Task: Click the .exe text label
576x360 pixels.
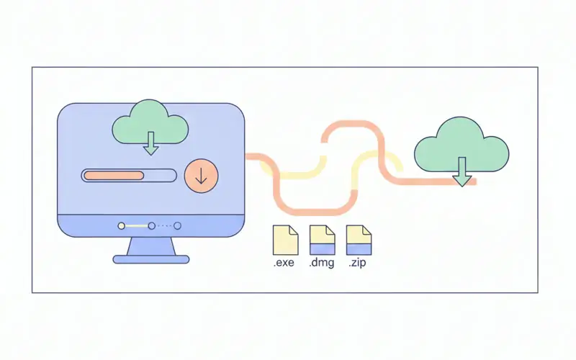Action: click(x=284, y=264)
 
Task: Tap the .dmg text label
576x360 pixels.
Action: click(x=321, y=264)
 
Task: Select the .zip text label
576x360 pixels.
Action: click(x=359, y=264)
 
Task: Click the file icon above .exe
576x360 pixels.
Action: click(x=284, y=239)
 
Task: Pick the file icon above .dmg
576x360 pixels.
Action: click(x=322, y=239)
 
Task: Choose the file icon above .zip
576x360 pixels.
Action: click(x=359, y=239)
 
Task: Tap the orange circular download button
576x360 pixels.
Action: click(x=200, y=176)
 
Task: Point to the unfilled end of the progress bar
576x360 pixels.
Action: click(x=162, y=175)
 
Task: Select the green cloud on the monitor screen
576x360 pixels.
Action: click(x=150, y=124)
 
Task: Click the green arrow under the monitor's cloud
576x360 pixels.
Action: click(x=150, y=146)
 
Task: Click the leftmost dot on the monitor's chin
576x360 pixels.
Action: click(x=122, y=225)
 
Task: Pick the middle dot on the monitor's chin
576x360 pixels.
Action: click(x=150, y=225)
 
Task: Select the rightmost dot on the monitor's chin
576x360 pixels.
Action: click(x=178, y=225)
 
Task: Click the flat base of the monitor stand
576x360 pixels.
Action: click(x=151, y=259)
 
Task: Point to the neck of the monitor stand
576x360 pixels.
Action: click(x=151, y=246)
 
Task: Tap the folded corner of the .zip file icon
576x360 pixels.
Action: click(x=366, y=230)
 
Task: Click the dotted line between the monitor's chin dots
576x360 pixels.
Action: click(x=164, y=225)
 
